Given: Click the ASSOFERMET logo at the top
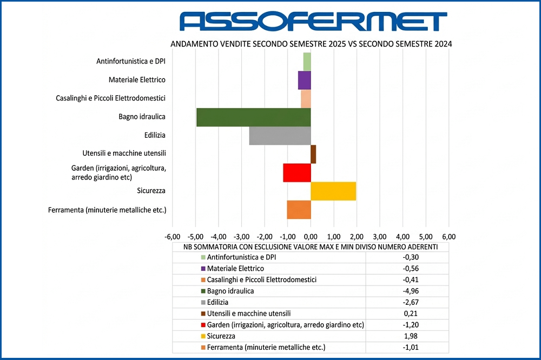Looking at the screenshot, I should point(313,21).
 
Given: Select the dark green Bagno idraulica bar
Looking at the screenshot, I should point(253,117).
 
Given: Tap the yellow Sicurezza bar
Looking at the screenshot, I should point(333,191).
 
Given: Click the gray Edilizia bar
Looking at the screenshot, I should point(280,136).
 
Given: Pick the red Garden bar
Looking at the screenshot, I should point(297,172).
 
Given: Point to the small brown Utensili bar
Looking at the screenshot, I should point(313,154).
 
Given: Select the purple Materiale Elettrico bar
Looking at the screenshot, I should point(305,80).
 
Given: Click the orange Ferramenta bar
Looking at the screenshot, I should point(299,210).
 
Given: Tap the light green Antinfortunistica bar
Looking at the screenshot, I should point(307,62).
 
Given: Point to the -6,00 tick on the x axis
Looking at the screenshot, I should point(172,236).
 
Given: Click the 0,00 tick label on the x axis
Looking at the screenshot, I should point(311,236).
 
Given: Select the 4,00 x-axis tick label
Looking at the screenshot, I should point(403,236).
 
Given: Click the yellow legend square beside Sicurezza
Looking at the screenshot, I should point(203,336).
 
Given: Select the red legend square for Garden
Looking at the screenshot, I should point(203,325).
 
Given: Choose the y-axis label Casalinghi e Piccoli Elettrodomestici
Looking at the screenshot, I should point(111,98).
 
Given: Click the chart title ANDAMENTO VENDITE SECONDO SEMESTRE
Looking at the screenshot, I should point(311,44).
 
